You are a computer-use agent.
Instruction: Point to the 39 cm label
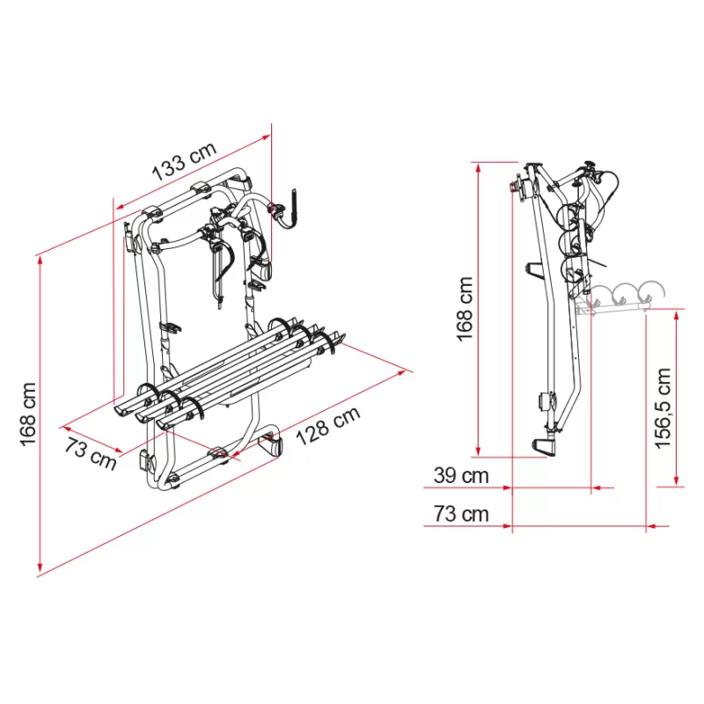point(460,476)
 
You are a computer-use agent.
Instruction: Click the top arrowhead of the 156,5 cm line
point(677,313)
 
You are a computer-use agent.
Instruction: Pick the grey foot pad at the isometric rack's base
point(272,444)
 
